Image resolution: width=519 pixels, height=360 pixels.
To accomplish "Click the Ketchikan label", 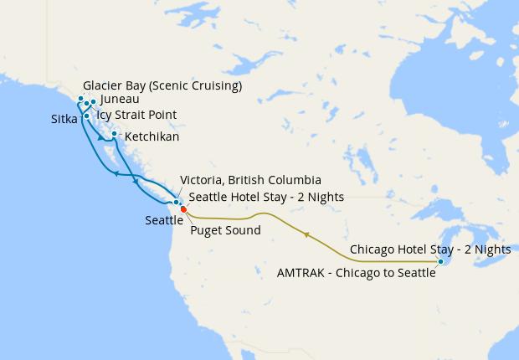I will tap(151, 136).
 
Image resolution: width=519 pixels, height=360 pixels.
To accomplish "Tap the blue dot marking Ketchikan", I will tap(114, 133).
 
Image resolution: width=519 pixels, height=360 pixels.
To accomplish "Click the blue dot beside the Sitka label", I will tap(86, 116).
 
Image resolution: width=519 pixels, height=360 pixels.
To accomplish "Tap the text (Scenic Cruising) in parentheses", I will tap(201, 86).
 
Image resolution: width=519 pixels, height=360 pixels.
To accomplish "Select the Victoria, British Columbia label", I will tap(250, 180).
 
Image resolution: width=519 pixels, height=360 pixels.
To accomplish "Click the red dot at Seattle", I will tap(183, 209).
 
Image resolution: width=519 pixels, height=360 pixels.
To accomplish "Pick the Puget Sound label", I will tap(225, 229).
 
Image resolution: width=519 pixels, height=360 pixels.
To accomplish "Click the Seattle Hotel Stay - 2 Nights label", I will tap(266, 197).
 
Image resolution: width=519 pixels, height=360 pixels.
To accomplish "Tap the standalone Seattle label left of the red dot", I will tap(164, 220).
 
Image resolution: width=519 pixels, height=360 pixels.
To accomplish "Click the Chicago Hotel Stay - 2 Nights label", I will tap(430, 249).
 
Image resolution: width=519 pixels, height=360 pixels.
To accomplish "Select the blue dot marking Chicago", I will tap(440, 262).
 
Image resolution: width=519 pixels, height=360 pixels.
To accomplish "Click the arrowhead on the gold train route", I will tap(306, 235).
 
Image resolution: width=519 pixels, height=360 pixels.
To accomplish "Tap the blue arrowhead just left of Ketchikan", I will tap(101, 138).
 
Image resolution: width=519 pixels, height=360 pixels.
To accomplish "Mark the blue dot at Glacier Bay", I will tap(81, 99).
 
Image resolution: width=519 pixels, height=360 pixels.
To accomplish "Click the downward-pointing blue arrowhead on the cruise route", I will tap(136, 182).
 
